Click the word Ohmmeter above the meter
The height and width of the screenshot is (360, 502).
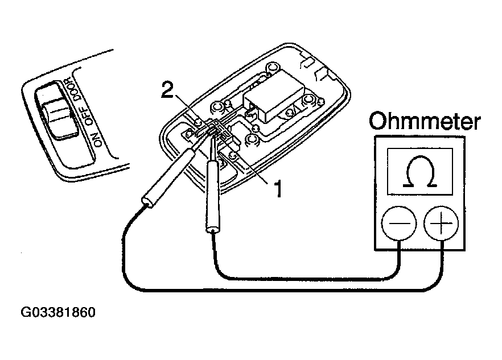click(425, 121)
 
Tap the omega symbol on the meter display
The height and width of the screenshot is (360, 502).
click(420, 171)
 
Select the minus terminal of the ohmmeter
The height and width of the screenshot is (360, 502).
click(399, 223)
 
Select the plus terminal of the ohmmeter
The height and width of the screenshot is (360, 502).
click(441, 223)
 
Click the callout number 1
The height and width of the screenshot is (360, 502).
click(278, 188)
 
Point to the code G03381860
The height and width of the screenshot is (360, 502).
click(58, 312)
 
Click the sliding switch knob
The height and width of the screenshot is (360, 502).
click(60, 118)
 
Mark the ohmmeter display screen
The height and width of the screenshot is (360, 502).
click(419, 171)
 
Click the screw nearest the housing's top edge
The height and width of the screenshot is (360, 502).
click(273, 68)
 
